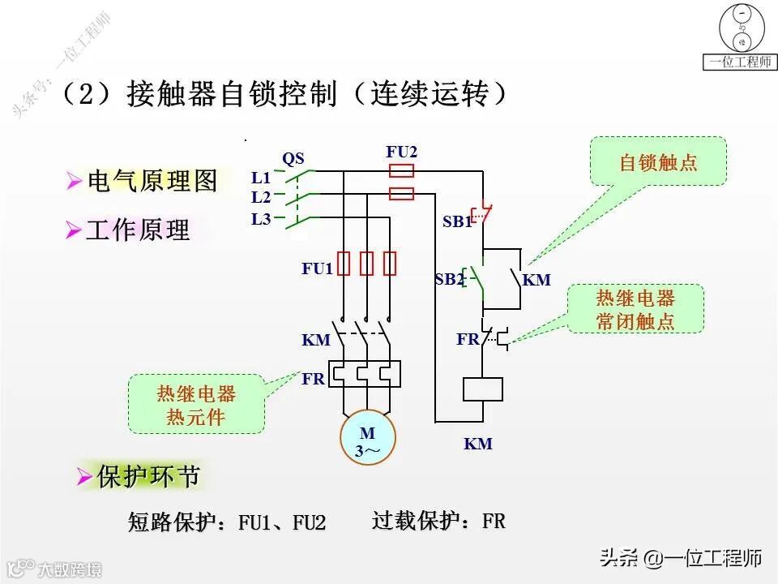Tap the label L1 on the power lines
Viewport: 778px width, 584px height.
(x=260, y=178)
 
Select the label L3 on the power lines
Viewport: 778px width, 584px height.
(x=260, y=219)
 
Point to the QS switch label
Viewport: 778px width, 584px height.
(x=293, y=158)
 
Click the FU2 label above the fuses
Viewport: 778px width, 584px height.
(x=402, y=152)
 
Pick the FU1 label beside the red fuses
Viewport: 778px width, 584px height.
(x=317, y=268)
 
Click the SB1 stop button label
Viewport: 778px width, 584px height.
(x=457, y=221)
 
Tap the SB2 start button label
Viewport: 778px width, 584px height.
(x=449, y=280)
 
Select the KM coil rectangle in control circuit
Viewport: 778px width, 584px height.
(x=483, y=389)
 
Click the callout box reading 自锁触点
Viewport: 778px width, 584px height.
(x=657, y=161)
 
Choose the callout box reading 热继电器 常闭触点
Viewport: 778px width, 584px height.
(x=635, y=309)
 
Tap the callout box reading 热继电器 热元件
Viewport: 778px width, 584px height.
(x=196, y=405)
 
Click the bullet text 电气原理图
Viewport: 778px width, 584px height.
(x=152, y=182)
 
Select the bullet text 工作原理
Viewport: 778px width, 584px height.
(x=138, y=230)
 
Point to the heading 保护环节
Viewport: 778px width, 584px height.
(x=147, y=477)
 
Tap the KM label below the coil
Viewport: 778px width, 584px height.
(x=478, y=444)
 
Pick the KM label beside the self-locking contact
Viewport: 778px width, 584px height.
(x=536, y=281)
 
